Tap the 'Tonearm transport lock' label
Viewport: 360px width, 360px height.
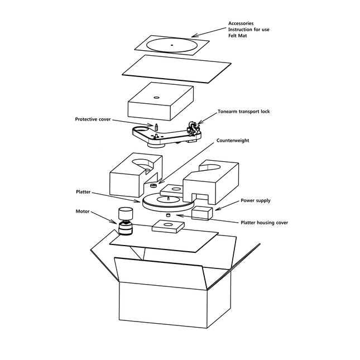[x=244, y=112]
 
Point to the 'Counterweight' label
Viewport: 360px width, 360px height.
[x=233, y=141]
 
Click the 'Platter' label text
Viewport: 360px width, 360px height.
[x=83, y=191]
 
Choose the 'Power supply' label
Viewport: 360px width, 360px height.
[x=256, y=200]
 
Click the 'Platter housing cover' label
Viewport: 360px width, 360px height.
[x=264, y=223]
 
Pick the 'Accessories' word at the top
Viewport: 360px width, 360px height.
[x=241, y=23]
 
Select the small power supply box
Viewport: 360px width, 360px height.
[x=201, y=213]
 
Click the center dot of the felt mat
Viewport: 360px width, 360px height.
[x=172, y=44]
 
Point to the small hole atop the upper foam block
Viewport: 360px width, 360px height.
[x=156, y=97]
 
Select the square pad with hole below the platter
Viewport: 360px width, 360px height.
[x=169, y=225]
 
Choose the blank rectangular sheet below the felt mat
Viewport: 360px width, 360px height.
[x=176, y=67]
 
